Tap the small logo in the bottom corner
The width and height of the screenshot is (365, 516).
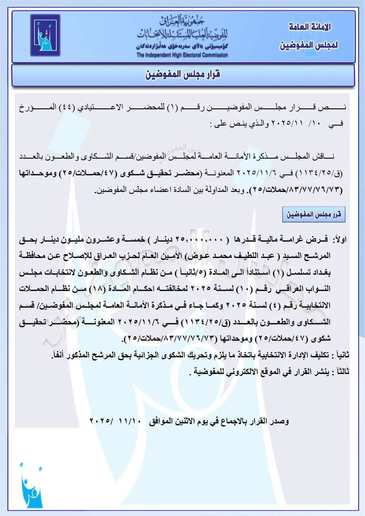[x=31, y=486]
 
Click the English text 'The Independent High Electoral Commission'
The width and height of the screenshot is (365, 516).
[x=182, y=55]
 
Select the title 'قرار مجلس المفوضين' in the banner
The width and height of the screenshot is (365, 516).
[x=182, y=75]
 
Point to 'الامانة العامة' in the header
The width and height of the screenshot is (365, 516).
[x=311, y=27]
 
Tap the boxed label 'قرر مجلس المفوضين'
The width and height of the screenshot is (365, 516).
[x=313, y=214]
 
